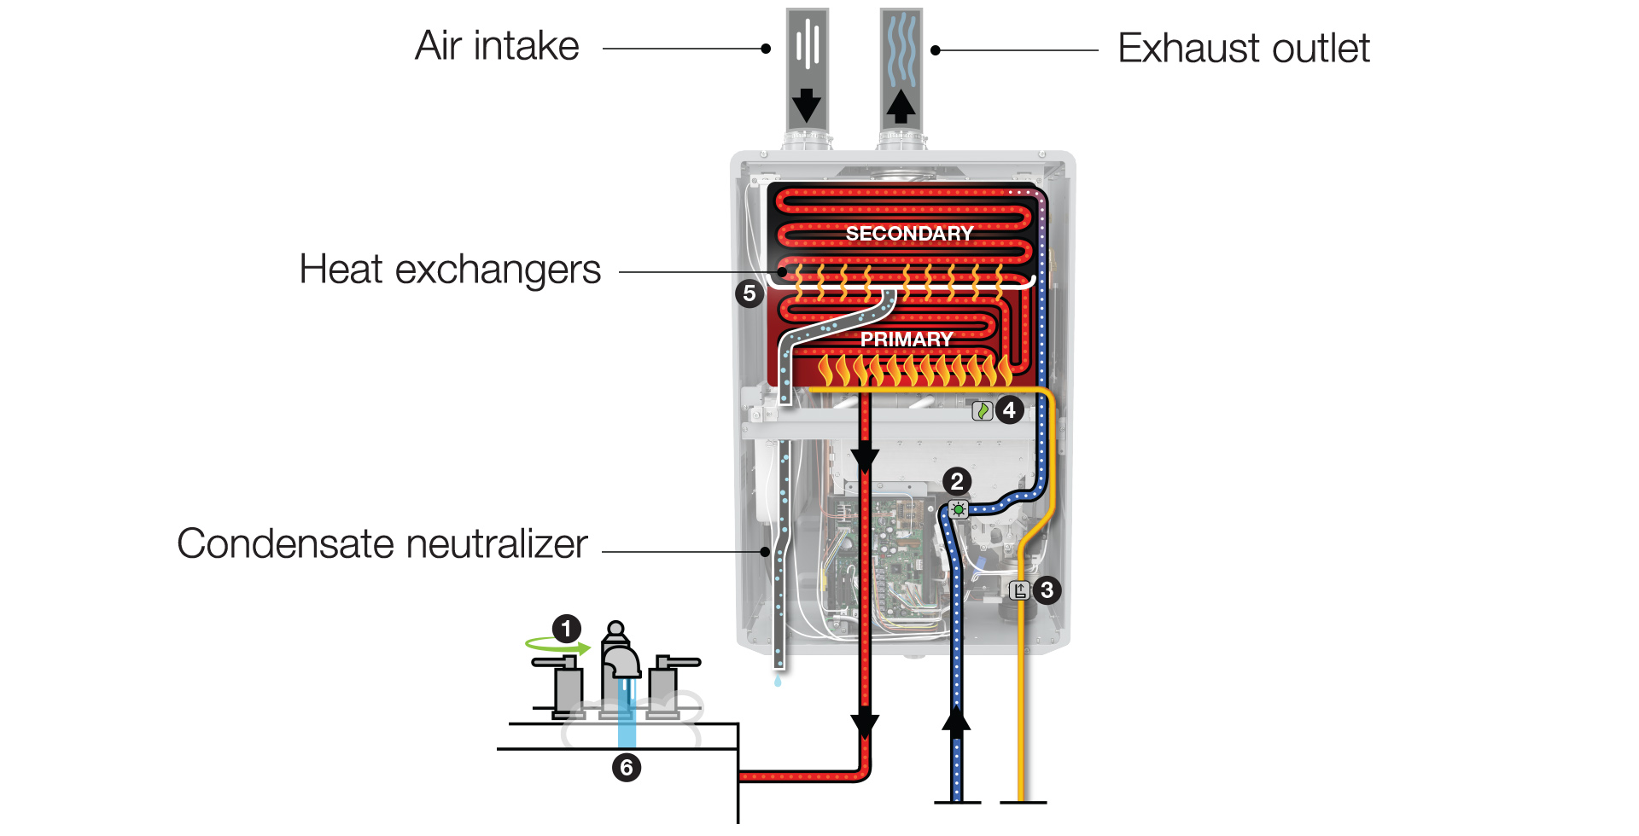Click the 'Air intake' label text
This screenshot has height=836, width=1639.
[497, 46]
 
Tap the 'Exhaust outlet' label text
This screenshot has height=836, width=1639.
[1243, 49]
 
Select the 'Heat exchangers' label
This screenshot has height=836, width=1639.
[450, 270]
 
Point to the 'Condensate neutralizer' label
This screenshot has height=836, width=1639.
[382, 544]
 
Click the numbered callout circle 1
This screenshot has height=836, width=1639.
[566, 629]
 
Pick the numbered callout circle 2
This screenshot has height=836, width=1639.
[957, 481]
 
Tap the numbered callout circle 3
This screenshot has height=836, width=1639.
[1047, 589]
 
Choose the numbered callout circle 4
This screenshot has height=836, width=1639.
[1010, 410]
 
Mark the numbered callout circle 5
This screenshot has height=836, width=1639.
[749, 293]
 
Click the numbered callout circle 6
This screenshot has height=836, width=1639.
[627, 768]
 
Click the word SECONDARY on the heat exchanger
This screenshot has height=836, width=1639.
[909, 234]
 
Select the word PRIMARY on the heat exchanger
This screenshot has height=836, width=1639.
[907, 340]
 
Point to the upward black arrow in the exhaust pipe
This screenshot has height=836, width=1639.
[901, 106]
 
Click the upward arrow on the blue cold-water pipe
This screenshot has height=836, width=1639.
[956, 718]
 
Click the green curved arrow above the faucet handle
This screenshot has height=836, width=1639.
[557, 646]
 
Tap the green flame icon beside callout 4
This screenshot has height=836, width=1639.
[983, 411]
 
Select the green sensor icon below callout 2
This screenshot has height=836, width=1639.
[959, 510]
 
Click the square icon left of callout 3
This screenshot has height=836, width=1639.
[1019, 590]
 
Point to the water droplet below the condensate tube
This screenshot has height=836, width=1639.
[778, 681]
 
